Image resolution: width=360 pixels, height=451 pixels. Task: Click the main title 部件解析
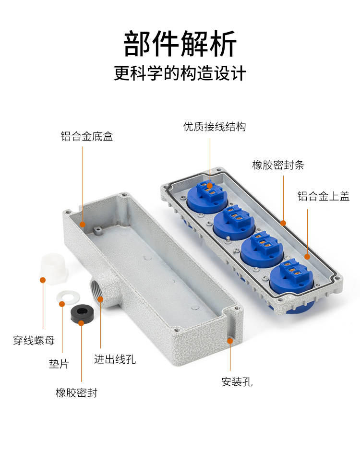[x=180, y=44]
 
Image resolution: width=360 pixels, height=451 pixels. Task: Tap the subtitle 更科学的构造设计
[x=180, y=73]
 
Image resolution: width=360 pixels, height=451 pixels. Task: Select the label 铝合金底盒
[x=87, y=136]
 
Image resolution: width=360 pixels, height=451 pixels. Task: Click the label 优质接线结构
[x=215, y=127]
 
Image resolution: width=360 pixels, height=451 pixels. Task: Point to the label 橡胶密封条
[x=278, y=165]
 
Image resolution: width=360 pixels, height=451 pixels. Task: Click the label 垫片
[x=59, y=364]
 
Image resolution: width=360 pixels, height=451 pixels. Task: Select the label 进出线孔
[x=115, y=359]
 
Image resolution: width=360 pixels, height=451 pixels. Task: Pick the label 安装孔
[x=237, y=382]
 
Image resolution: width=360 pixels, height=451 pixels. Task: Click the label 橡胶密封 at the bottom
[x=76, y=393]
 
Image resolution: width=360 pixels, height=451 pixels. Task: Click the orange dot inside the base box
[x=83, y=224]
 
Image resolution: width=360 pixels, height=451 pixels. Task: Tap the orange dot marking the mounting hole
[x=230, y=341]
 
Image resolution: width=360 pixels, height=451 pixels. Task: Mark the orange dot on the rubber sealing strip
[x=283, y=223]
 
